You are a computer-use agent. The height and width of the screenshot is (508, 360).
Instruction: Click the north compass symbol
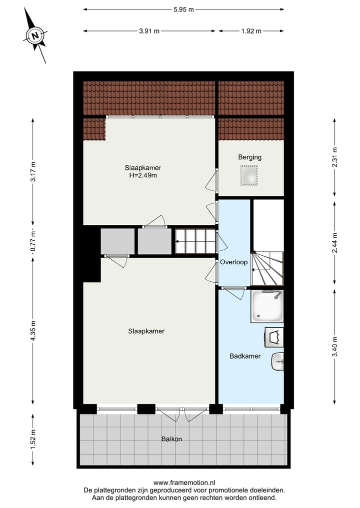[x=35, y=36]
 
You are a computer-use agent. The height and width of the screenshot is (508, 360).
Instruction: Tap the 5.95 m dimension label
[x=183, y=9]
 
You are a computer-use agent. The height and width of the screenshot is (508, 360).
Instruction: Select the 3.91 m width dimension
[x=149, y=31]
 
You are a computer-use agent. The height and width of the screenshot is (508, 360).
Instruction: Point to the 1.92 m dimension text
[x=251, y=31]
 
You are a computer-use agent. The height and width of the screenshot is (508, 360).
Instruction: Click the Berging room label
[x=249, y=157]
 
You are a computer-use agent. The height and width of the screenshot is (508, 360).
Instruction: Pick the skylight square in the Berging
[x=249, y=176]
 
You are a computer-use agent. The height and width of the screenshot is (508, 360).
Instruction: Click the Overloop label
[x=234, y=262]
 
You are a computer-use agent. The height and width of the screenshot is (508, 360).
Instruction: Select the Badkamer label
[x=245, y=356]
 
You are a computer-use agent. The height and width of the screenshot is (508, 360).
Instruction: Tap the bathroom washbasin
[x=277, y=361]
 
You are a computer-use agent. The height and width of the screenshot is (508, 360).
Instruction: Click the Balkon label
[x=171, y=440]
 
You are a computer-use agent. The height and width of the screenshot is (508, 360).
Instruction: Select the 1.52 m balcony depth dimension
[x=33, y=440]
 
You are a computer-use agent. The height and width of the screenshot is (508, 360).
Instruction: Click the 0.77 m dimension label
[x=33, y=246]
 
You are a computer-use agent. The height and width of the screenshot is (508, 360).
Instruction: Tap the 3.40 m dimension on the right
[x=334, y=347]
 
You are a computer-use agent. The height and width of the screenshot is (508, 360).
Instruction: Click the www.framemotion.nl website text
[x=184, y=483]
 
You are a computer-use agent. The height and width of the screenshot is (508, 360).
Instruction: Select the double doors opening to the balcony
[x=180, y=414]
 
